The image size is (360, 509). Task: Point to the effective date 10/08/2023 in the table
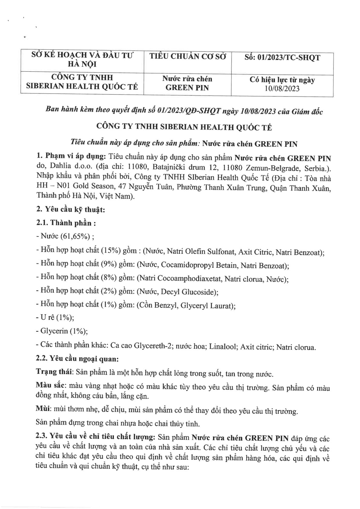coord(282,88)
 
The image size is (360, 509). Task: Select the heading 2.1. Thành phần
coord(66,223)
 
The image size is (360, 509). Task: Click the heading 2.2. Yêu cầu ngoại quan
coord(77,359)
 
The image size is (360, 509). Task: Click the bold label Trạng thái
coord(54,373)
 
